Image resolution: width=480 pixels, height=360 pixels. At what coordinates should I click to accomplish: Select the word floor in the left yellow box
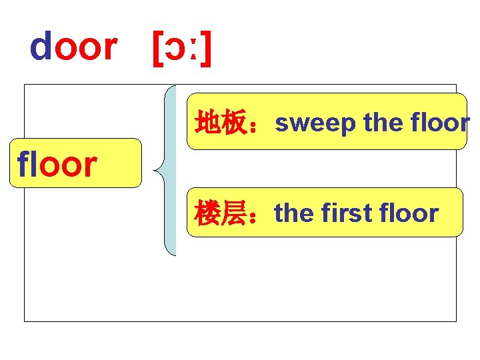[x=58, y=165]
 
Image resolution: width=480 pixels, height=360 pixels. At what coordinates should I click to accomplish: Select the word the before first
[x=295, y=213]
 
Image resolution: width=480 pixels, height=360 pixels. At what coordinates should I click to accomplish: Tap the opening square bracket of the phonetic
[x=157, y=49]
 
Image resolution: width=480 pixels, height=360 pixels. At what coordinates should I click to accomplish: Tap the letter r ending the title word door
[x=108, y=48]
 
